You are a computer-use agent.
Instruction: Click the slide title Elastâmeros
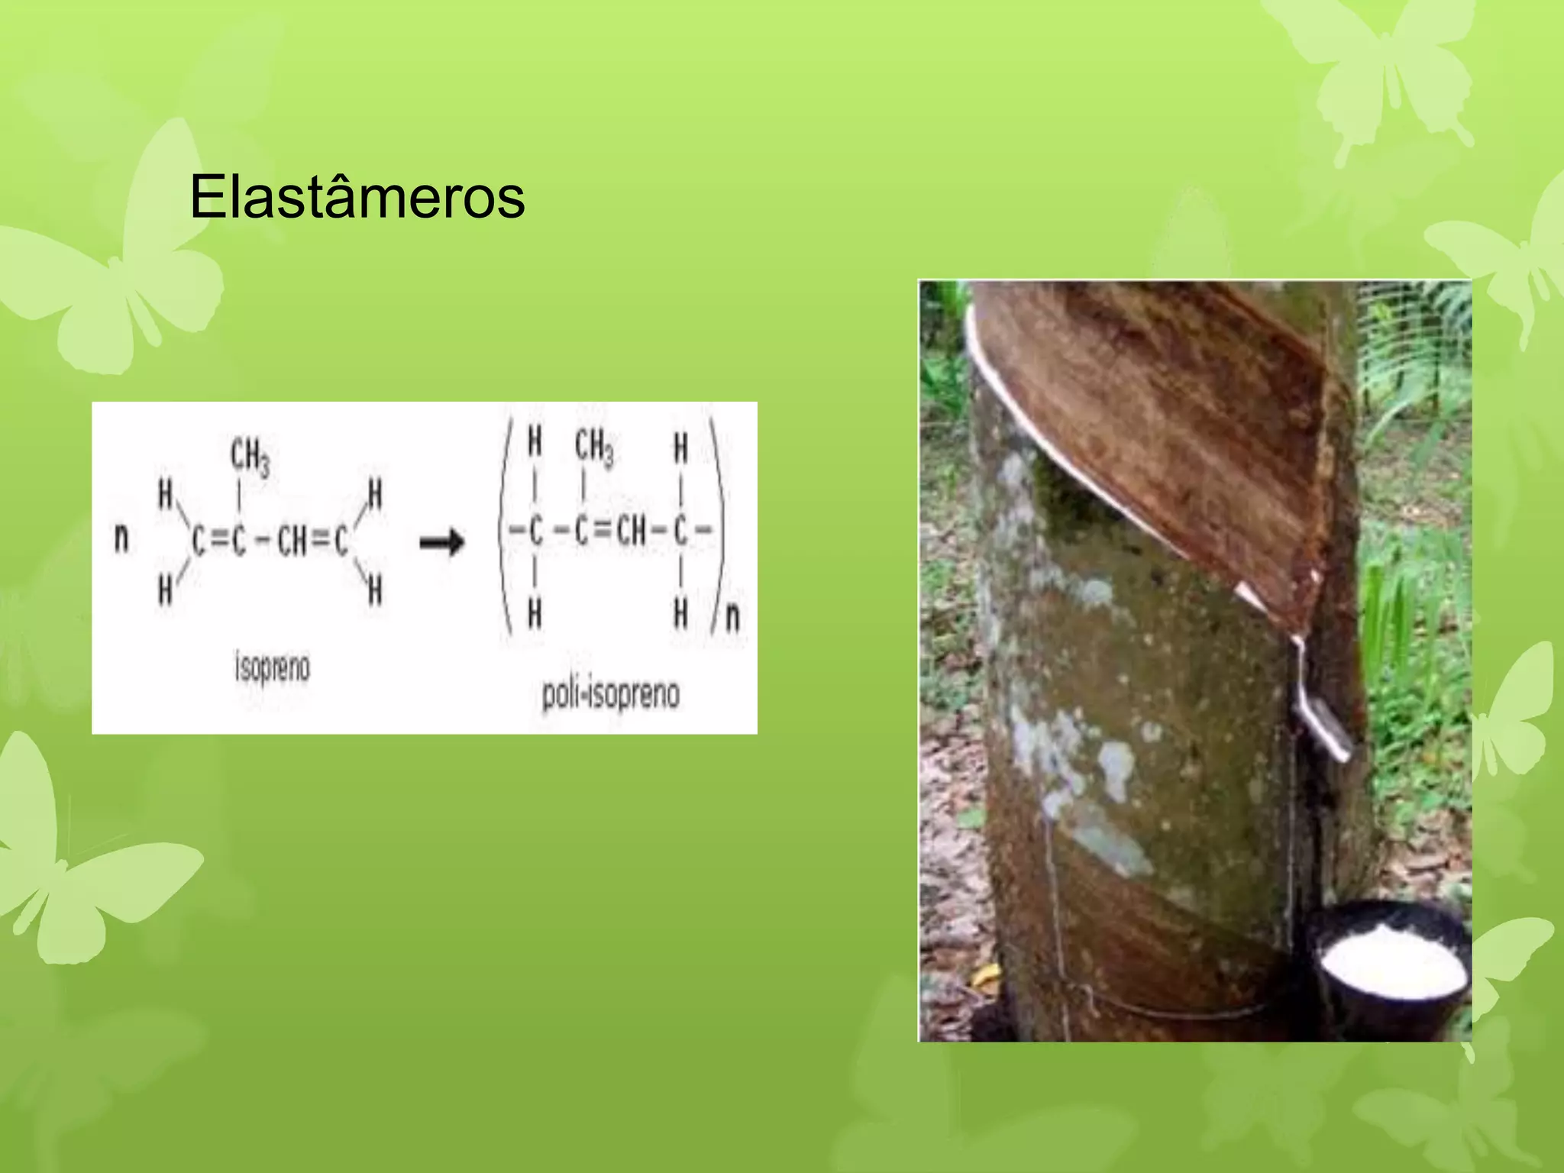coord(357,197)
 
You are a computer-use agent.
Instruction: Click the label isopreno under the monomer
coord(272,667)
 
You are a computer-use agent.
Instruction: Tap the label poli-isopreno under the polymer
coord(610,694)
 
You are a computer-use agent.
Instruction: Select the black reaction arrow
coord(442,543)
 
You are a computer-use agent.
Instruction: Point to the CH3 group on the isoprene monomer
coord(250,457)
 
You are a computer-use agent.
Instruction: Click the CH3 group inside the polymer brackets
coord(593,447)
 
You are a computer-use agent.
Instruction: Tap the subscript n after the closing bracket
coord(732,616)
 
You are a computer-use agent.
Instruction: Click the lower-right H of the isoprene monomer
coord(374,590)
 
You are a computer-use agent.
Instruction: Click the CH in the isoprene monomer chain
coord(292,542)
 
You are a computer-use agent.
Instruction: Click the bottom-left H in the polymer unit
coord(535,613)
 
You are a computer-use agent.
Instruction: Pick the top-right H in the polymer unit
coord(680,448)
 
